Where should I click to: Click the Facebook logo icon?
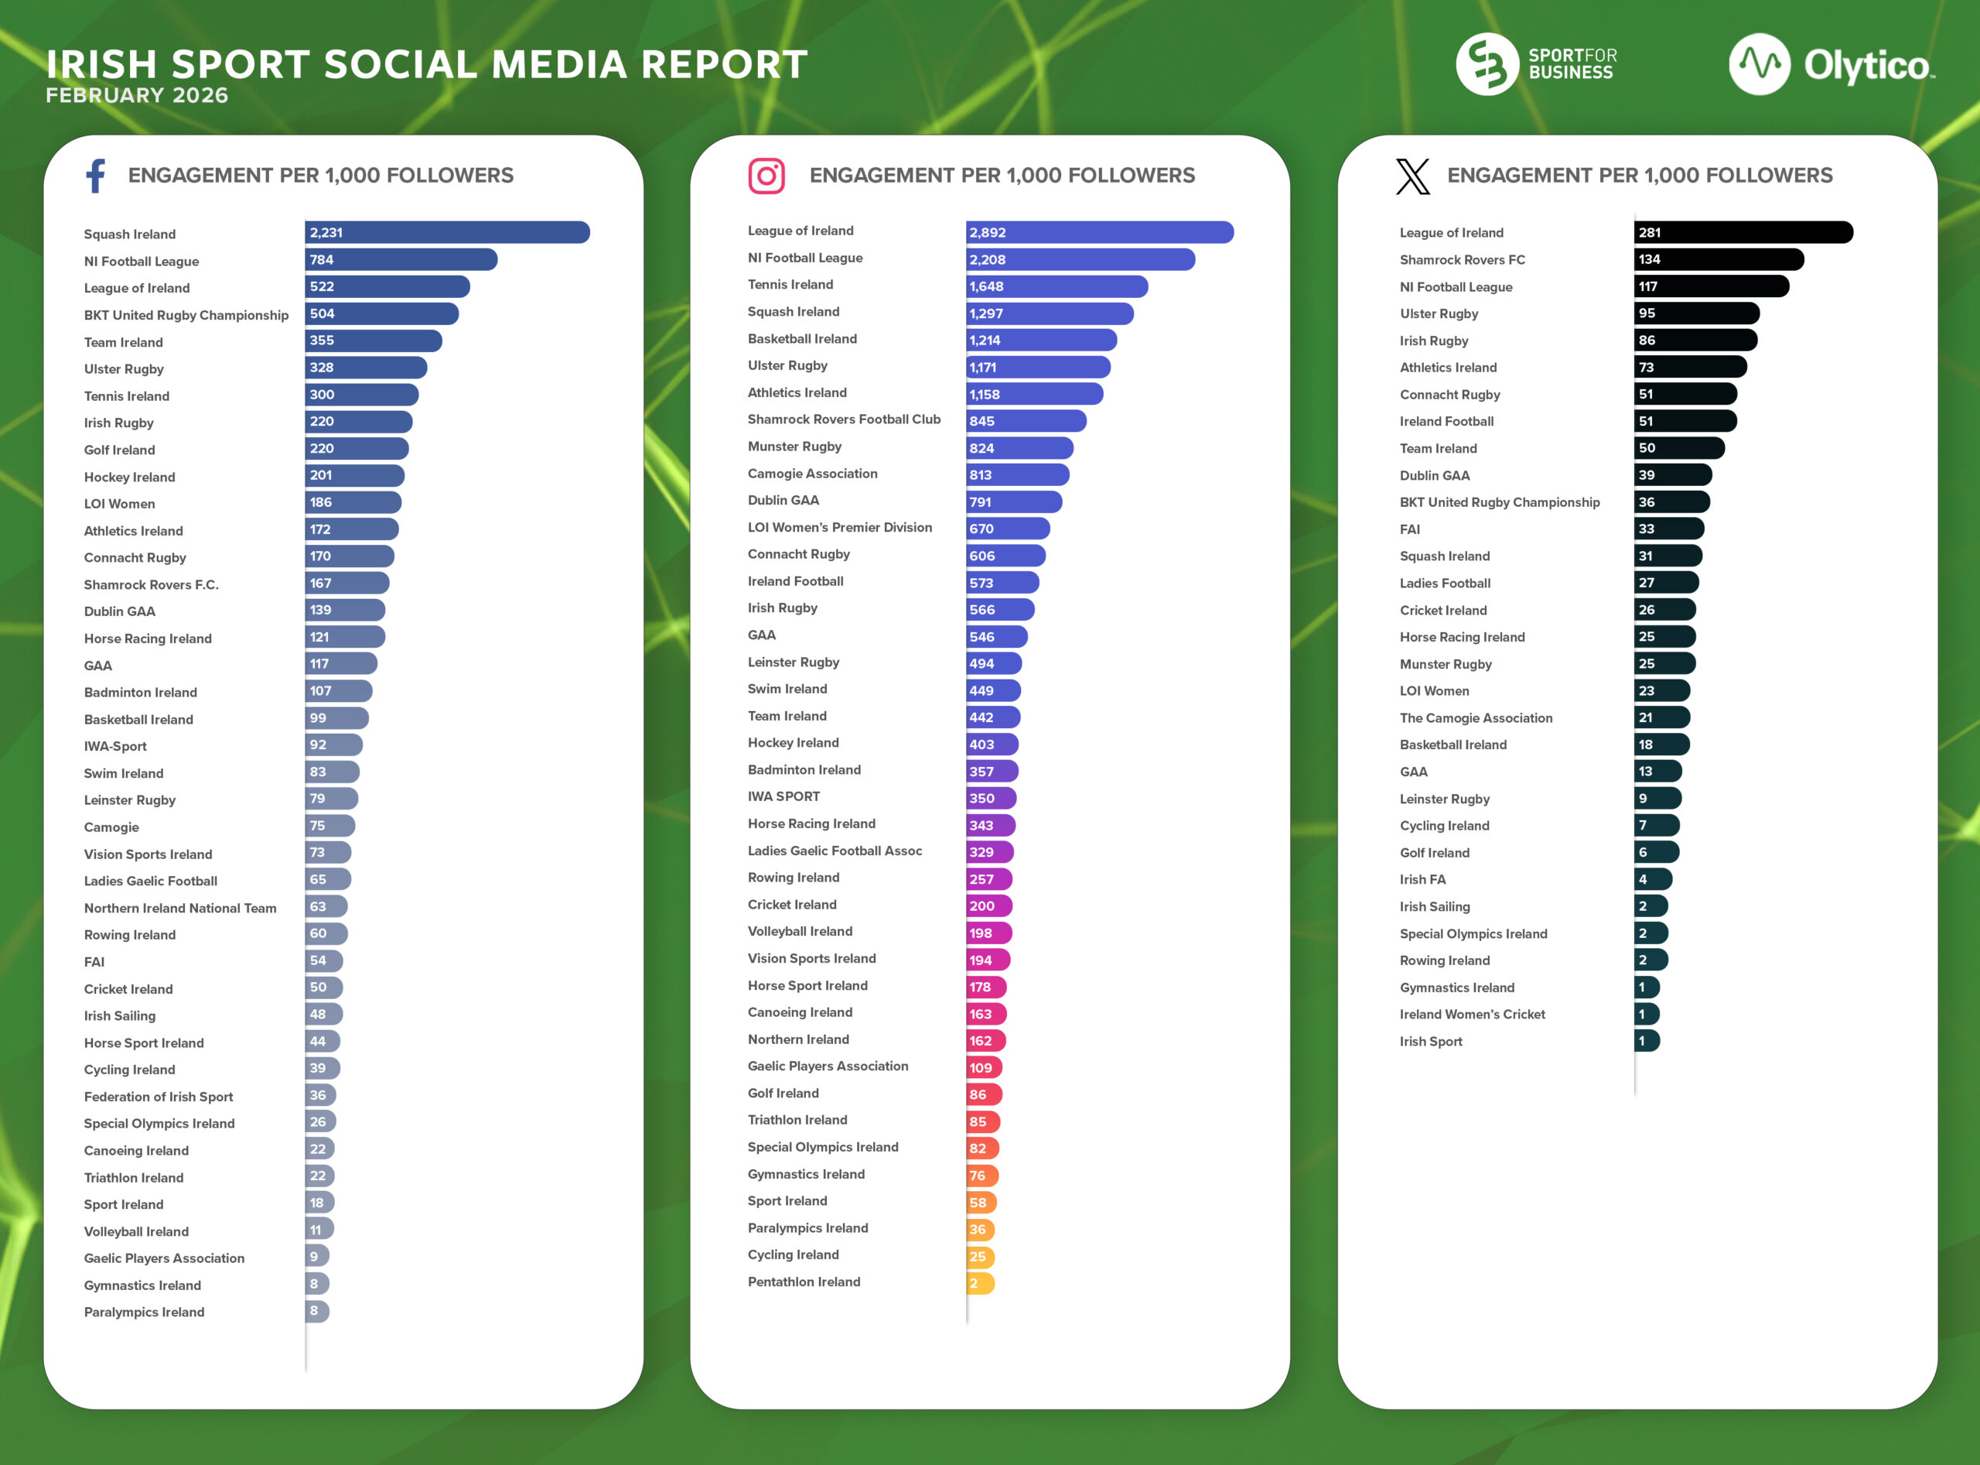pyautogui.click(x=96, y=176)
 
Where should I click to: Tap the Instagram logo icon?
pyautogui.click(x=766, y=176)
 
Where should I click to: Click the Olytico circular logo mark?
pyautogui.click(x=1760, y=64)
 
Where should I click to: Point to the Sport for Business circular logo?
pyautogui.click(x=1487, y=64)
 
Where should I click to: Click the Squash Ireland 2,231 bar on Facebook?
pyautogui.click(x=448, y=232)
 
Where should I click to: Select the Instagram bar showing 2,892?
pyautogui.click(x=1099, y=232)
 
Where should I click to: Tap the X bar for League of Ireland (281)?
pyautogui.click(x=1743, y=232)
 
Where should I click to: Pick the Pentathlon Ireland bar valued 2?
pyautogui.click(x=980, y=1283)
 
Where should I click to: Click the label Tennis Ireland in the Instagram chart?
pyautogui.click(x=790, y=285)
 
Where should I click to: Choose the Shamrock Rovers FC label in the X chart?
pyautogui.click(x=1462, y=260)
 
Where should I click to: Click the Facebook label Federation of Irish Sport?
pyautogui.click(x=158, y=1097)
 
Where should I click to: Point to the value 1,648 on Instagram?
pyautogui.click(x=985, y=286)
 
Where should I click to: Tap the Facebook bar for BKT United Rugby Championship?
pyautogui.click(x=382, y=314)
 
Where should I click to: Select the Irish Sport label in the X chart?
pyautogui.click(x=1431, y=1042)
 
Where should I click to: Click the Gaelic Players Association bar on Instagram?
pyautogui.click(x=984, y=1068)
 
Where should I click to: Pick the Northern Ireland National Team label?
pyautogui.click(x=180, y=908)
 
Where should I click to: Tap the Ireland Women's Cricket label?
pyautogui.click(x=1471, y=1015)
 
